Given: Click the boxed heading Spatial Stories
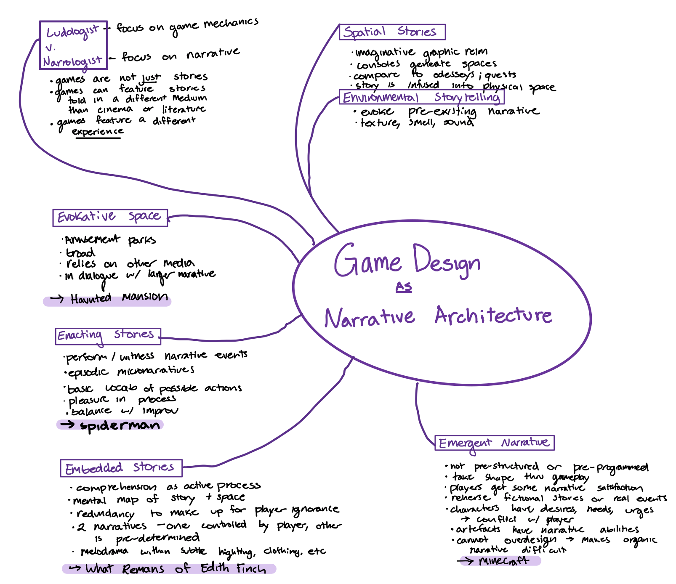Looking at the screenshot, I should [392, 32].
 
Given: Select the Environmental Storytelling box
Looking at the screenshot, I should [421, 97].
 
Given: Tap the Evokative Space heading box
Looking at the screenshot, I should [110, 218].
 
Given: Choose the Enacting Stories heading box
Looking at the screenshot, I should [108, 336].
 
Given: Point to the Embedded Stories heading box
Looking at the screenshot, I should [121, 468].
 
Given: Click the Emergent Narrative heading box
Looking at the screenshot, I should [494, 443].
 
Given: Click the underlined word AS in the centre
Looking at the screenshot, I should [404, 287].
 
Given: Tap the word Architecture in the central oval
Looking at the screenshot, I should [493, 316].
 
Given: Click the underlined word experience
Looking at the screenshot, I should [98, 132].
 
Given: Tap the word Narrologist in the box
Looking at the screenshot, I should [72, 62].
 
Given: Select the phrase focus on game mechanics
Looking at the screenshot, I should [187, 27].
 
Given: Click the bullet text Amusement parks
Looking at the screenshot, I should [110, 240].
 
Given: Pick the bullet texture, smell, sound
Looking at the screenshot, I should [417, 122].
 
